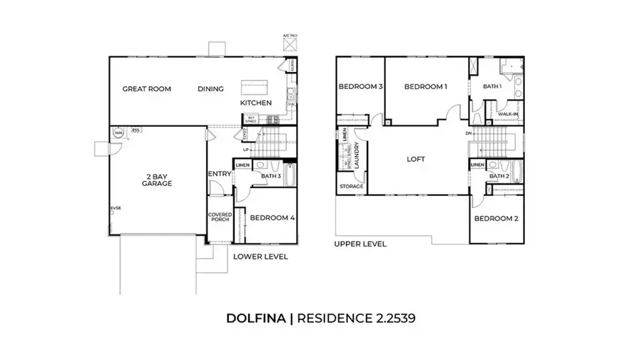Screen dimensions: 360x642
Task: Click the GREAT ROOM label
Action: [147, 89]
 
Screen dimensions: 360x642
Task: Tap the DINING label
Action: [210, 89]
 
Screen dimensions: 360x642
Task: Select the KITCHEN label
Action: [256, 103]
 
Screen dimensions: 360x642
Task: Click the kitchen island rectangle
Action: [252, 87]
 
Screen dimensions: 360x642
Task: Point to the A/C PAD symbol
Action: [290, 44]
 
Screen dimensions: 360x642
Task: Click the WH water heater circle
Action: [117, 133]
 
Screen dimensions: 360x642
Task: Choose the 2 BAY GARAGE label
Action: [157, 180]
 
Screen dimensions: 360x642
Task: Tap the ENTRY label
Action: [218, 174]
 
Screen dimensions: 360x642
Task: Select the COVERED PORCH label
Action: [218, 216]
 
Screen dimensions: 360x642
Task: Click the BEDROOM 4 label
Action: [272, 218]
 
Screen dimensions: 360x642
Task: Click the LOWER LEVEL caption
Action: [260, 257]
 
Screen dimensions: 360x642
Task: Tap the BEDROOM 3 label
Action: [360, 87]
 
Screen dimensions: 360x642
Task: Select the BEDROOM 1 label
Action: [425, 87]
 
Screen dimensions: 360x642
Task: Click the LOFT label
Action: [416, 159]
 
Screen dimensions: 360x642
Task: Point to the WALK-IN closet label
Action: [507, 114]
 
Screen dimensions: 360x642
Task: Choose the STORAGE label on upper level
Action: [352, 187]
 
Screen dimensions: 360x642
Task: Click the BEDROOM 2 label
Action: [496, 219]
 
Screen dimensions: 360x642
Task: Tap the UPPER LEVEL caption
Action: [360, 244]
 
